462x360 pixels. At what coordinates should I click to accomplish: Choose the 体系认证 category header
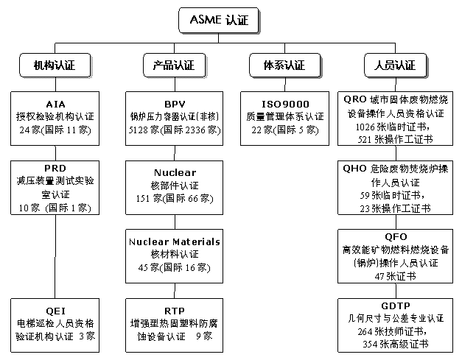[x=284, y=65]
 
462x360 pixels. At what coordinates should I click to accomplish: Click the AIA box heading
[x=55, y=103]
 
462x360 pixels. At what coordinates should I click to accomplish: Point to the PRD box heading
[x=55, y=168]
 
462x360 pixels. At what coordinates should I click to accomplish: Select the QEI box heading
[x=55, y=310]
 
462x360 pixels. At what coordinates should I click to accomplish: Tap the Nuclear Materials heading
[x=175, y=241]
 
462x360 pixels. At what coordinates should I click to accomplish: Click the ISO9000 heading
[x=285, y=103]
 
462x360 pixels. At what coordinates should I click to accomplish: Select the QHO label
[x=354, y=168]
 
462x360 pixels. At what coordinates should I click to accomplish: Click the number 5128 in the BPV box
[x=140, y=130]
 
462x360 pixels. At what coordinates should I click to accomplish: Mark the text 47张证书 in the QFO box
[x=396, y=276]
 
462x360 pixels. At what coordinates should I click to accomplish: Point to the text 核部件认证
[x=175, y=186]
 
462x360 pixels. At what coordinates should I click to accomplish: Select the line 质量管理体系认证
[x=285, y=116]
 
